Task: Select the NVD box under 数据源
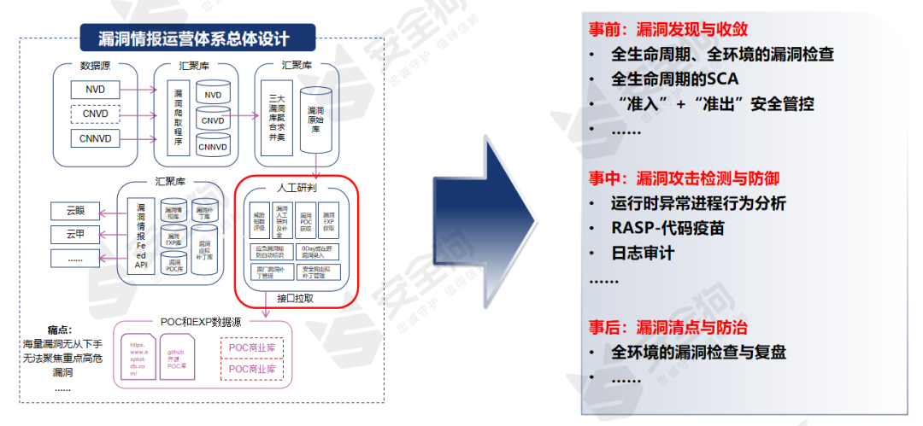pyautogui.click(x=95, y=90)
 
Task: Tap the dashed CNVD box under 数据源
pyautogui.click(x=95, y=114)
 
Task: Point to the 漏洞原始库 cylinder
pyautogui.click(x=315, y=119)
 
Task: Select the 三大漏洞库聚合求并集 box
pyautogui.click(x=276, y=120)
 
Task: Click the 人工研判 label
pyautogui.click(x=297, y=187)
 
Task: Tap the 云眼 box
pyautogui.click(x=75, y=210)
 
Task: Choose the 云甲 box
pyautogui.click(x=75, y=233)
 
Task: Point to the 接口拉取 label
pyautogui.click(x=296, y=299)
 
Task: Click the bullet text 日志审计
pyautogui.click(x=643, y=254)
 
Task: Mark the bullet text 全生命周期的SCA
pyautogui.click(x=675, y=79)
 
